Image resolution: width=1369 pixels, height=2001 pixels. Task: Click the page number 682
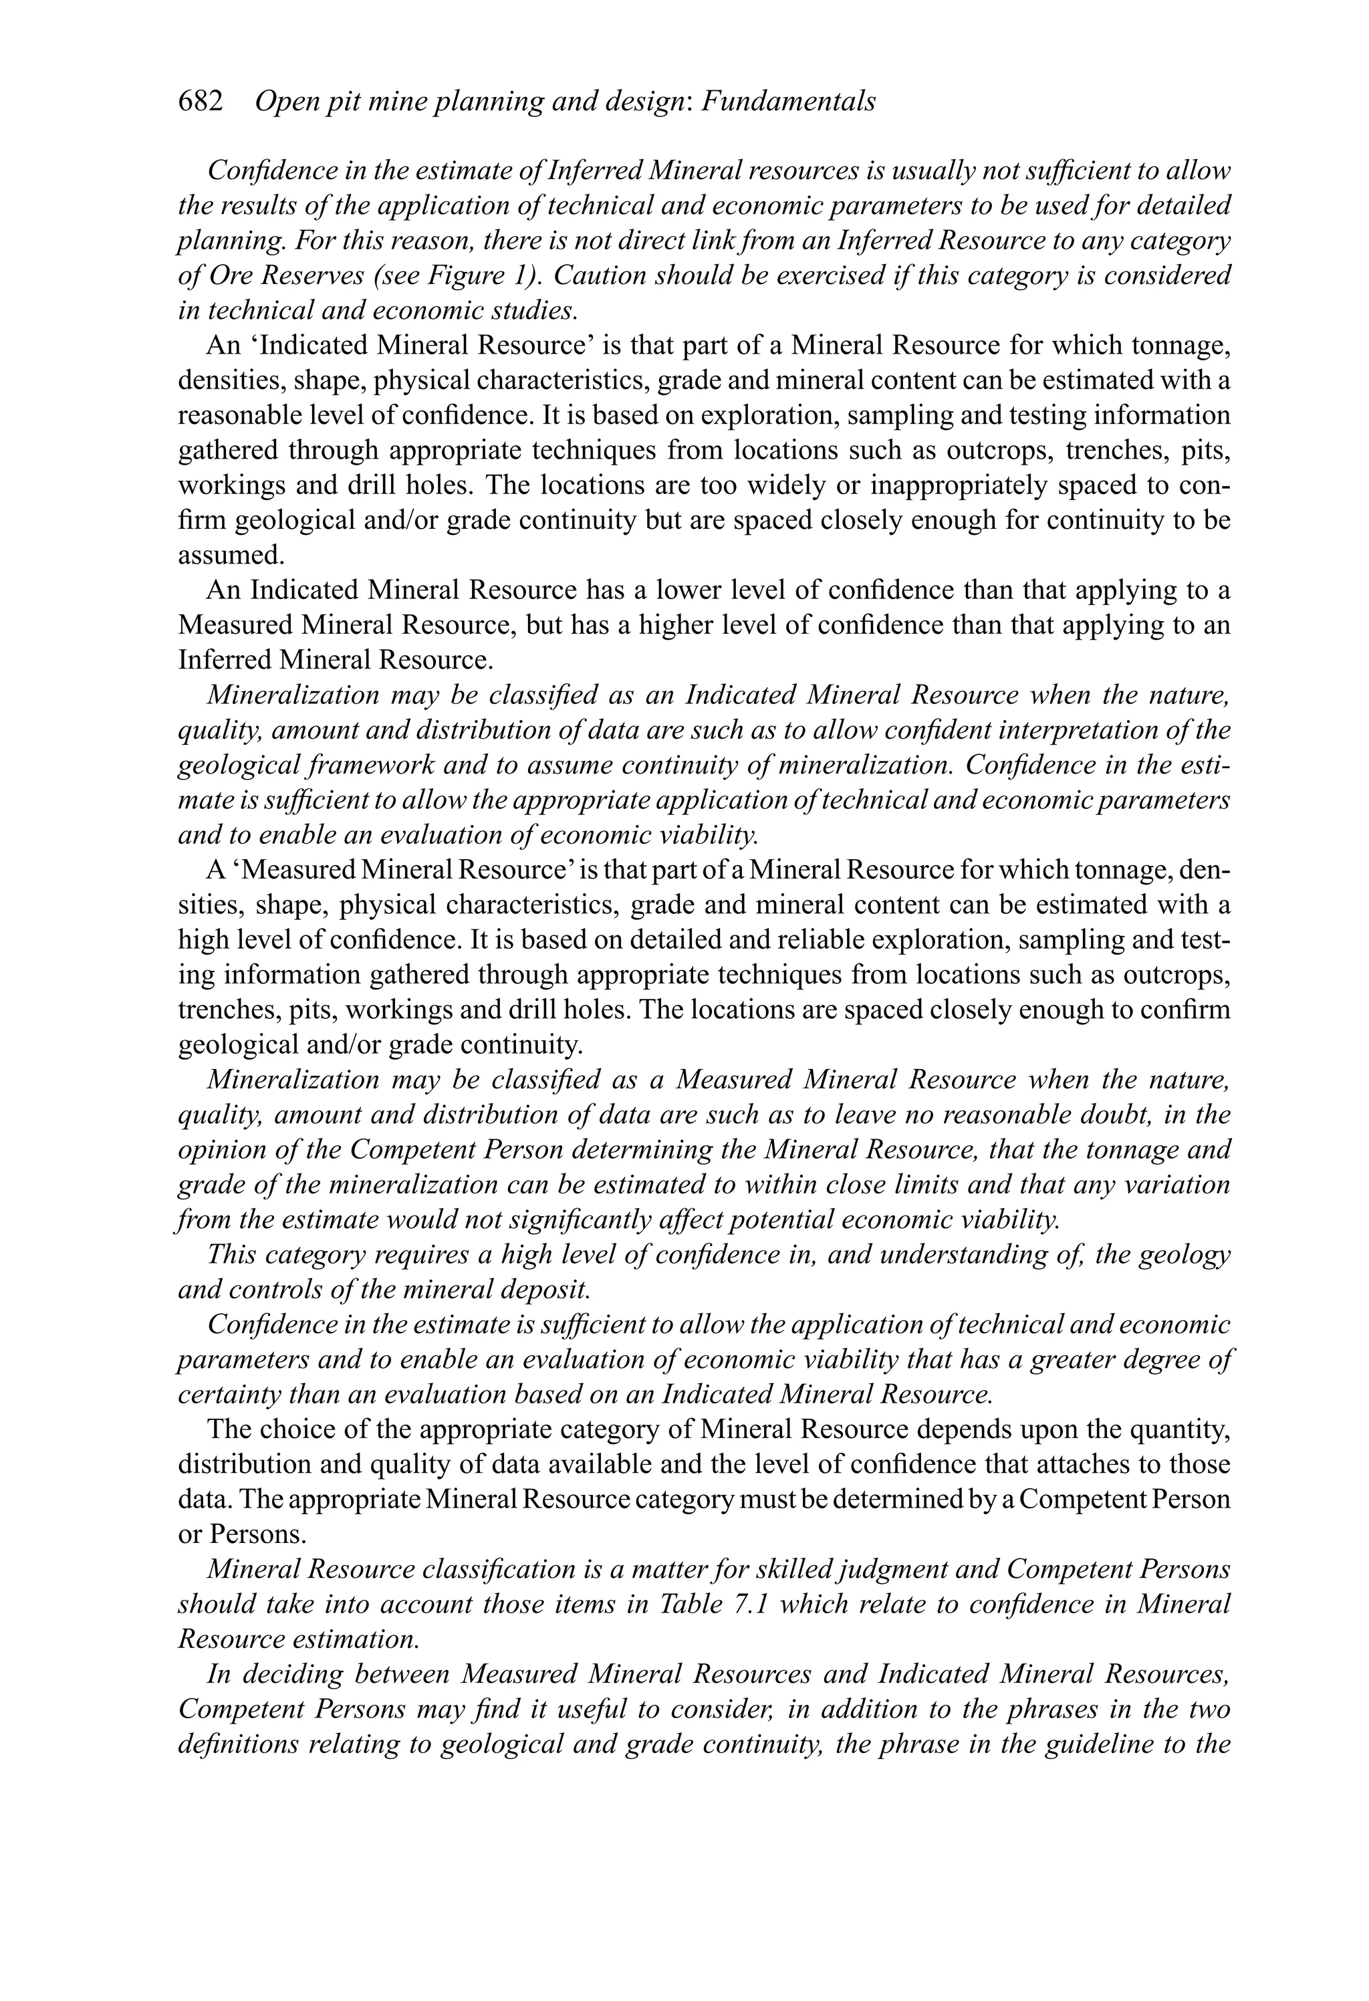[x=200, y=102]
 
